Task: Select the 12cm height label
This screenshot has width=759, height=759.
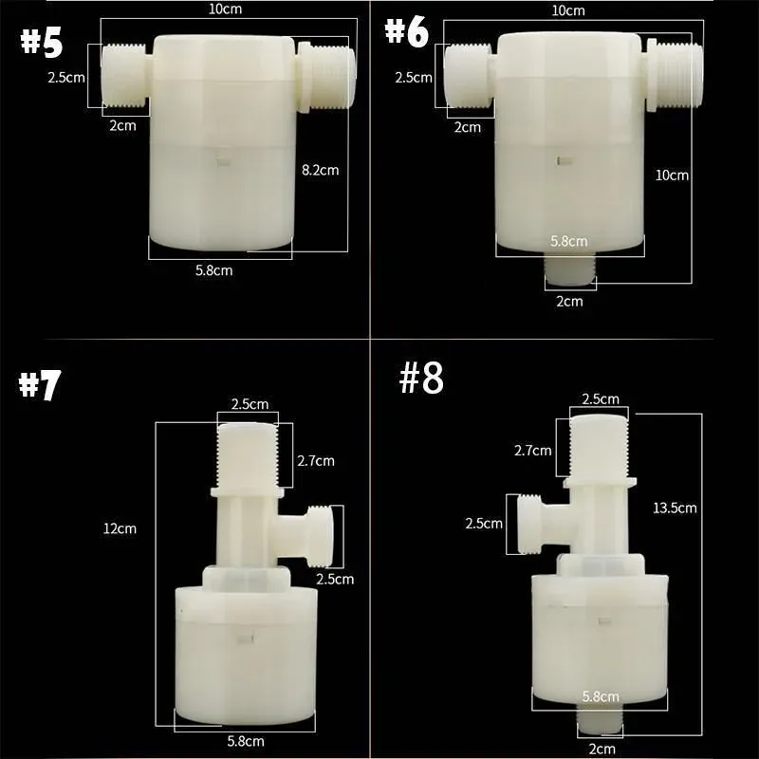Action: click(x=121, y=528)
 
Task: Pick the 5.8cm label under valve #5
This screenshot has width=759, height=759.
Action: click(x=213, y=270)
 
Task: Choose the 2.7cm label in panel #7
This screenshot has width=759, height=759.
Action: click(x=315, y=461)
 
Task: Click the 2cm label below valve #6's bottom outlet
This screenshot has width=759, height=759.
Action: click(x=569, y=301)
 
